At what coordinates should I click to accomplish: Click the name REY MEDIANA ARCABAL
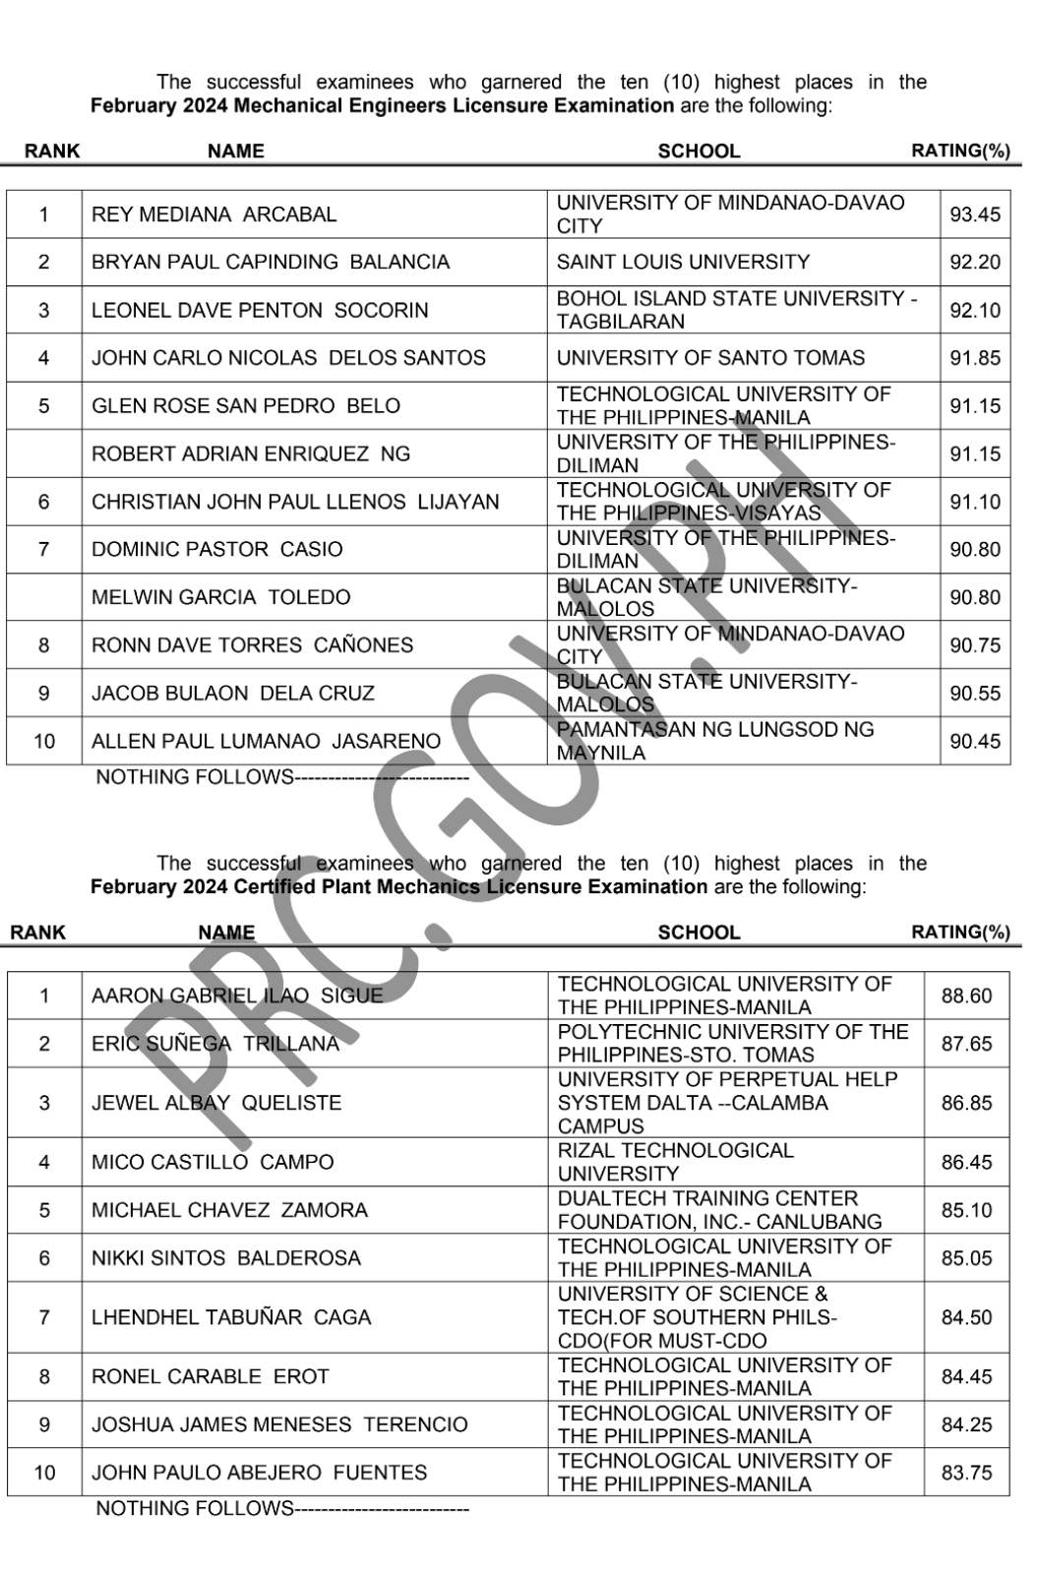coord(214,214)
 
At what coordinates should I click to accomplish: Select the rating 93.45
coord(974,214)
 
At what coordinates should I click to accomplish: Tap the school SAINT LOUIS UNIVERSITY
coord(683,262)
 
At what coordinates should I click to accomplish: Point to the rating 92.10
coord(974,310)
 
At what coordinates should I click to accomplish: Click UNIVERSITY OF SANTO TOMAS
coord(710,358)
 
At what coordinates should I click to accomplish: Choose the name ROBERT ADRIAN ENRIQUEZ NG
coord(251,454)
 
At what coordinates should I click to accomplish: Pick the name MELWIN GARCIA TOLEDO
coord(220,597)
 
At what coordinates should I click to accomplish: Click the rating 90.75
coord(974,645)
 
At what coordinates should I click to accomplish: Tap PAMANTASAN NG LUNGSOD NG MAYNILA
coord(714,741)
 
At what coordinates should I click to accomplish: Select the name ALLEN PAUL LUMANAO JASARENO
coord(266,741)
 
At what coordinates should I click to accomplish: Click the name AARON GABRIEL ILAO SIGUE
coord(236,996)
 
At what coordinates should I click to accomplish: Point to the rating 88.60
coord(966,996)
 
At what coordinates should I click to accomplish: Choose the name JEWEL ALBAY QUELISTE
coord(216,1103)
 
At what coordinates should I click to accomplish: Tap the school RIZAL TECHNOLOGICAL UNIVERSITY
coord(675,1162)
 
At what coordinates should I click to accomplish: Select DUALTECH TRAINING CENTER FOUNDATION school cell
coord(719,1210)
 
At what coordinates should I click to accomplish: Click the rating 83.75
coord(966,1473)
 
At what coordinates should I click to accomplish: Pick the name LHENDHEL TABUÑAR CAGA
coord(231,1317)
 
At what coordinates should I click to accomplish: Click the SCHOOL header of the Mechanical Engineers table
coord(699,151)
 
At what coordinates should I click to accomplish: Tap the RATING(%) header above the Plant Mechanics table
coord(960,932)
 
